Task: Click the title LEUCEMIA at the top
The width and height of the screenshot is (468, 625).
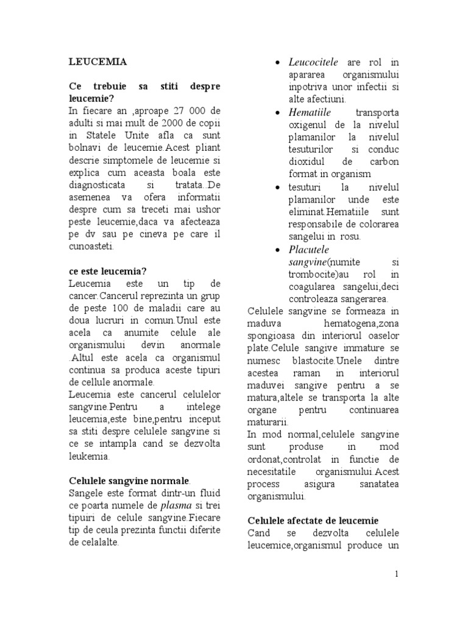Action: click(97, 62)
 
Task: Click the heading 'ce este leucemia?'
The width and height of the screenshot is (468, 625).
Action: click(108, 271)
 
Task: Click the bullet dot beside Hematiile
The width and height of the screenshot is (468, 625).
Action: click(277, 114)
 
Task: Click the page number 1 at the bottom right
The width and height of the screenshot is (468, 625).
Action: click(397, 574)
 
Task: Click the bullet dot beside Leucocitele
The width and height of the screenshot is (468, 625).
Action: click(277, 63)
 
